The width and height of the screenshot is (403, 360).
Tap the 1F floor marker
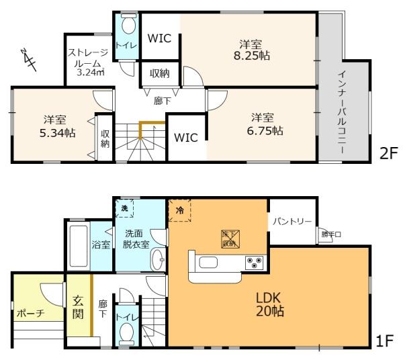384,341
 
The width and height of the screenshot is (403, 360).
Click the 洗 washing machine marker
124,208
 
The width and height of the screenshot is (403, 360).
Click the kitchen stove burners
255,261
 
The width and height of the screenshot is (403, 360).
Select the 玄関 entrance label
77,306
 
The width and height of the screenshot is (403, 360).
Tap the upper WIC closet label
160,39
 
